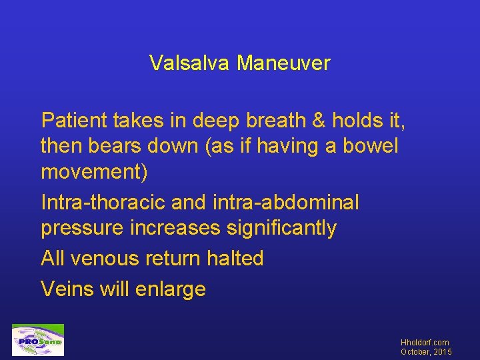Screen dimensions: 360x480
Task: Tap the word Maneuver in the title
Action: [x=283, y=63]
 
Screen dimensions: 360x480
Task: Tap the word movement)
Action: [x=95, y=171]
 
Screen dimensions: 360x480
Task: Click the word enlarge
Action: [x=172, y=290]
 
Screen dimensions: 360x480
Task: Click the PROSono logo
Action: [x=38, y=340]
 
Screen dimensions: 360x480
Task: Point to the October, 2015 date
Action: [x=426, y=351]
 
